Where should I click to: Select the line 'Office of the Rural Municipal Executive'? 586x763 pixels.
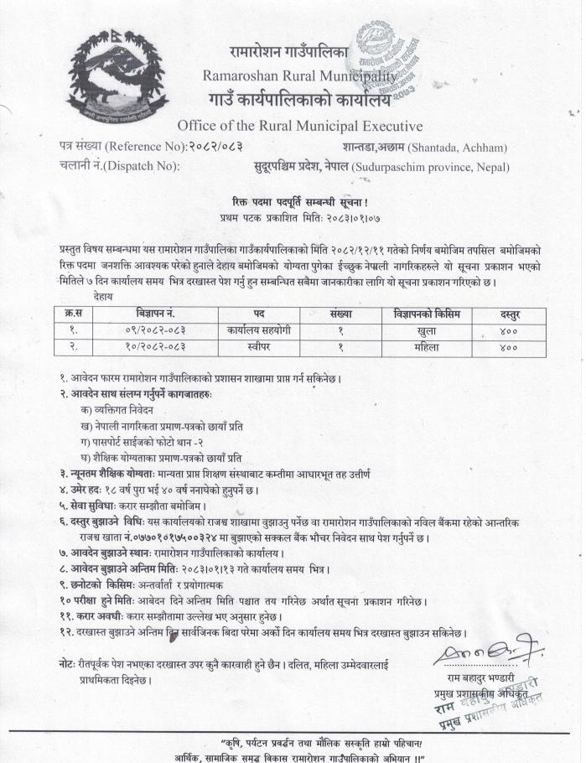click(x=300, y=126)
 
